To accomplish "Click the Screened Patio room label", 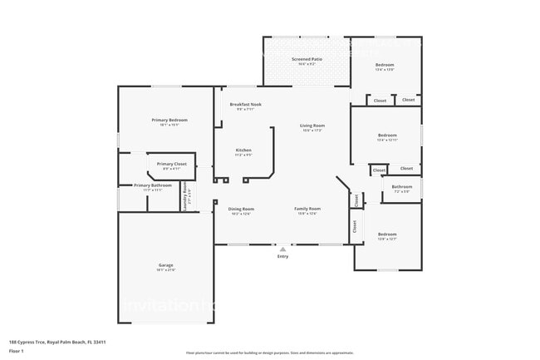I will click(307, 60).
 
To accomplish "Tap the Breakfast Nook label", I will click(245, 105).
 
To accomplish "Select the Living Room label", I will click(312, 126).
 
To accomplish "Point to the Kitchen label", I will click(243, 150).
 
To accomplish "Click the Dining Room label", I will click(241, 209).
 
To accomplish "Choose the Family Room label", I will click(307, 209).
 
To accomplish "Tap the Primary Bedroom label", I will click(169, 121).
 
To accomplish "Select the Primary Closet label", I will click(171, 164).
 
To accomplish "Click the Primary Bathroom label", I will click(153, 185).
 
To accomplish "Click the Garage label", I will click(165, 265).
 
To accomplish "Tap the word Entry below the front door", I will click(283, 256).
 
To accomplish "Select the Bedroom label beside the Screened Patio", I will click(385, 65).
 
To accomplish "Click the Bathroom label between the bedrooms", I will click(402, 187).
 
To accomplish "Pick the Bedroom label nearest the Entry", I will click(387, 234).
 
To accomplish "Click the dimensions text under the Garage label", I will click(165, 270).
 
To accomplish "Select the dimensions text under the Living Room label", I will click(312, 131).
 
